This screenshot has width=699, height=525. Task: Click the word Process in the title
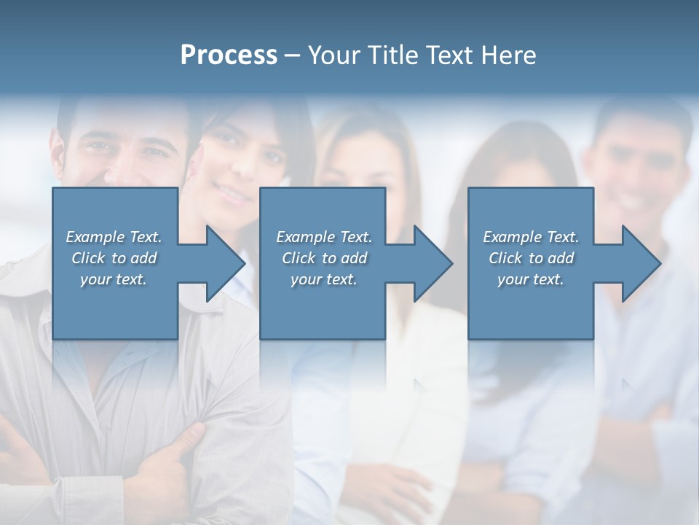click(229, 55)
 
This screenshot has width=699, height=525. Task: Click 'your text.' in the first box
click(114, 279)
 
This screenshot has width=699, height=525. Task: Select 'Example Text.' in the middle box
click(324, 237)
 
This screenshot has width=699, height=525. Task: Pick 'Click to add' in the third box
click(531, 258)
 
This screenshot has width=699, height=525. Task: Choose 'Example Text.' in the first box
click(114, 237)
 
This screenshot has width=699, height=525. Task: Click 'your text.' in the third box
click(531, 279)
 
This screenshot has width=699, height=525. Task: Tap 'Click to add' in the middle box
click(324, 258)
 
